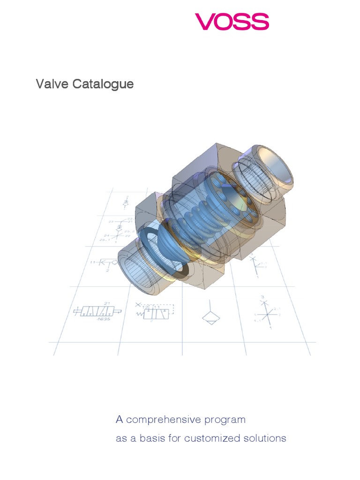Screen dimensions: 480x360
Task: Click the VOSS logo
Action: pos(232,22)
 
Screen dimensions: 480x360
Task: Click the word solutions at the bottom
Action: pos(265,439)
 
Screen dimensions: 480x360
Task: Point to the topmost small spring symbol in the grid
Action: pos(125,202)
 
